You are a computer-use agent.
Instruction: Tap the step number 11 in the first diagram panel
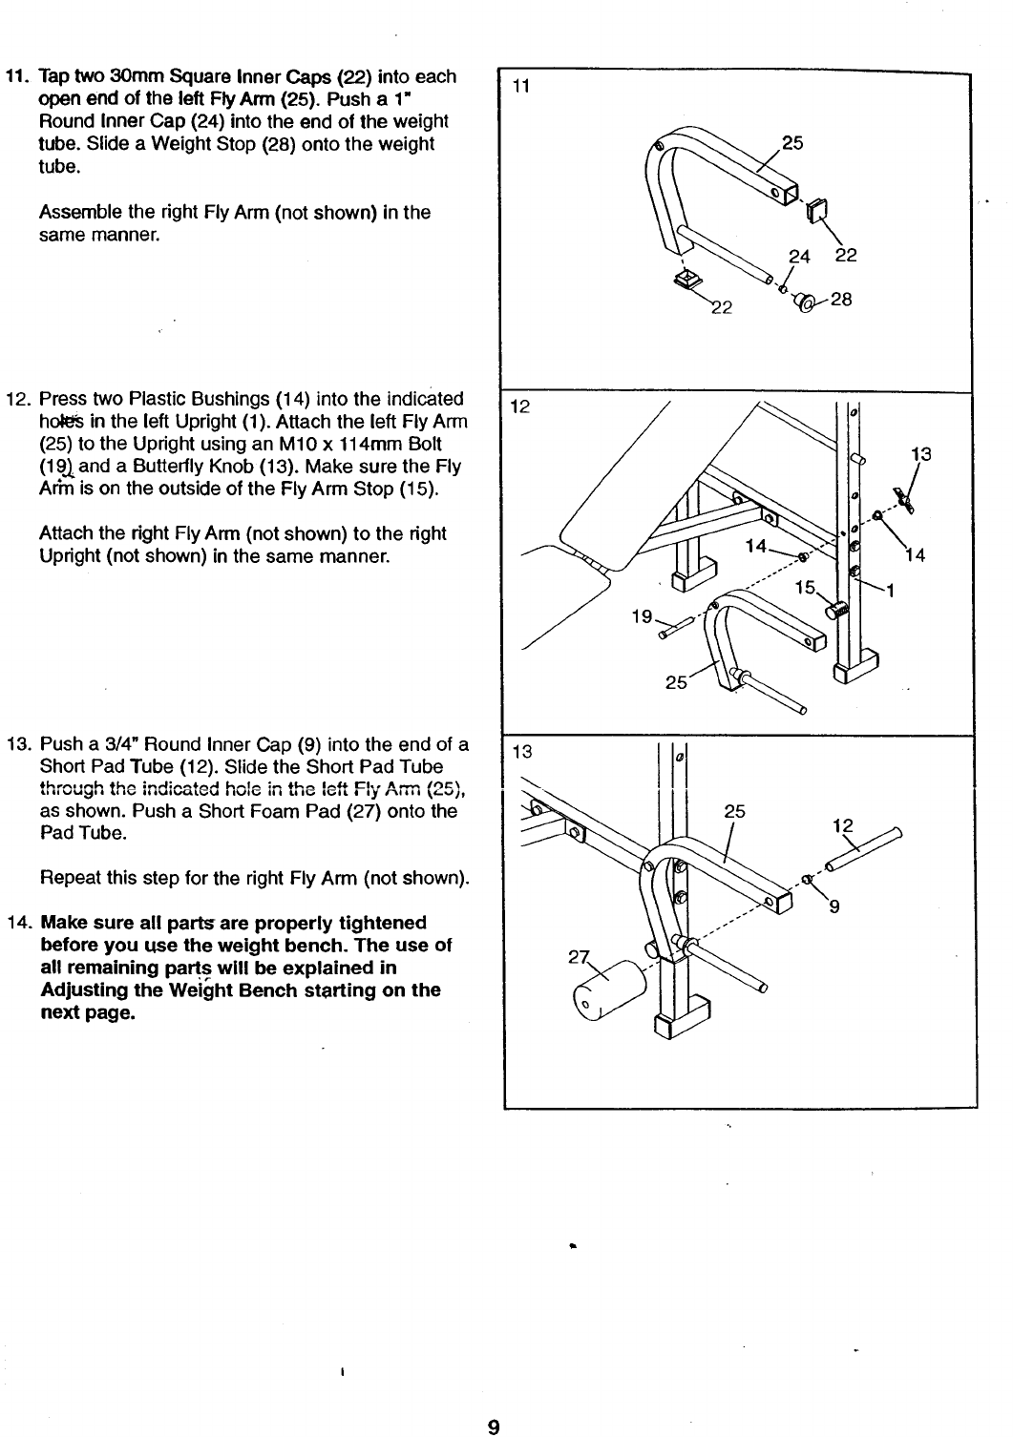[520, 88]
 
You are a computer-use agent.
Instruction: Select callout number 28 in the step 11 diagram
[841, 300]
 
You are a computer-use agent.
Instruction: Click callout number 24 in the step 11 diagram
[797, 256]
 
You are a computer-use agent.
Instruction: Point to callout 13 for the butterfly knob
[920, 454]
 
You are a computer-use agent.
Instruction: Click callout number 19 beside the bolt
[642, 616]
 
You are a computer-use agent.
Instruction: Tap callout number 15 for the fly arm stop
[807, 588]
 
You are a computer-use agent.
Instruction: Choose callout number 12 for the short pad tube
[843, 826]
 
